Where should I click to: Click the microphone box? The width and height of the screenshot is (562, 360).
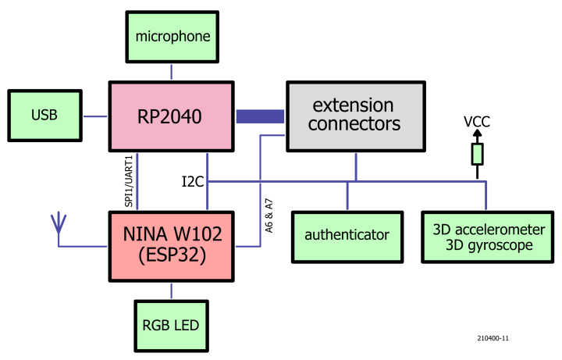coord(172,36)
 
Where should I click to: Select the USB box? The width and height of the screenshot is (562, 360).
coord(44,116)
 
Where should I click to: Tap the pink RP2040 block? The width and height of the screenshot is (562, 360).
coord(172,117)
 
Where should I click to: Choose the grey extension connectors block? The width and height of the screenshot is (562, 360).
coord(356,115)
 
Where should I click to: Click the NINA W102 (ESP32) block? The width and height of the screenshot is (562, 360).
coord(172,244)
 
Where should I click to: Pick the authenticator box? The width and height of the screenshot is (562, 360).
coord(347,234)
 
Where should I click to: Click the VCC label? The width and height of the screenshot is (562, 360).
coord(477,122)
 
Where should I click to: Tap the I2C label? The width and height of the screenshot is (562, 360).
coord(193,182)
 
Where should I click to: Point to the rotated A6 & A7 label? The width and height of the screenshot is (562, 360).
coord(269,209)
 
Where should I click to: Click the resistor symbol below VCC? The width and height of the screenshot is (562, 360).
coord(477,154)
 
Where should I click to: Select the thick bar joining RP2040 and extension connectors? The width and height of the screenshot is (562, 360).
coord(260,116)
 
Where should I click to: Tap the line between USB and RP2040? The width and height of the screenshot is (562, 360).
coord(94,117)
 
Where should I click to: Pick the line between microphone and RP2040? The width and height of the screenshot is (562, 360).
coord(172,73)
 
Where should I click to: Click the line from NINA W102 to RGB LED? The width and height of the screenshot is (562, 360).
coord(172,290)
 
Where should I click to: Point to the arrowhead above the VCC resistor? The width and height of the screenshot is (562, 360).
coord(477,134)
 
